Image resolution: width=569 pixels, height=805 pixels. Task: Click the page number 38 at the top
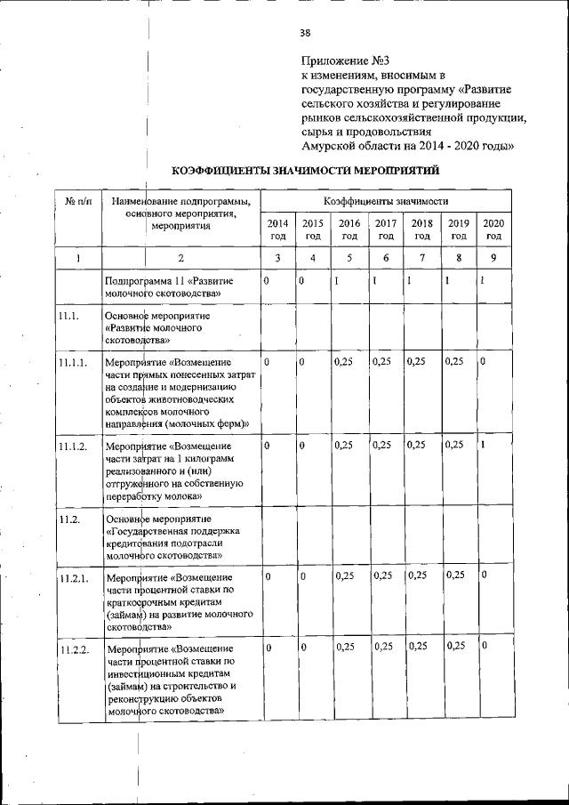(305, 33)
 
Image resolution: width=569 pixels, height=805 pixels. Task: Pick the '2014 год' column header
(277, 229)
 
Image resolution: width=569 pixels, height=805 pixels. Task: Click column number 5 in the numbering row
(349, 259)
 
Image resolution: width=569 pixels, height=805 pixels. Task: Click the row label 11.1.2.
(73, 446)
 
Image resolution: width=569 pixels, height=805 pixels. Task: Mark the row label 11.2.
(69, 519)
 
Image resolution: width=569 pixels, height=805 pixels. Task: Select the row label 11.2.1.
(73, 578)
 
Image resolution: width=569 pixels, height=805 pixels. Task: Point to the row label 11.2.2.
(73, 650)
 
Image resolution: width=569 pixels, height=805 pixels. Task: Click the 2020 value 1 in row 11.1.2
(483, 445)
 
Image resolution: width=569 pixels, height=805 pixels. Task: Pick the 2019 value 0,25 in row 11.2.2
(455, 646)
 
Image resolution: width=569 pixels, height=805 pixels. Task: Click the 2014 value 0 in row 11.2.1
(267, 576)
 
